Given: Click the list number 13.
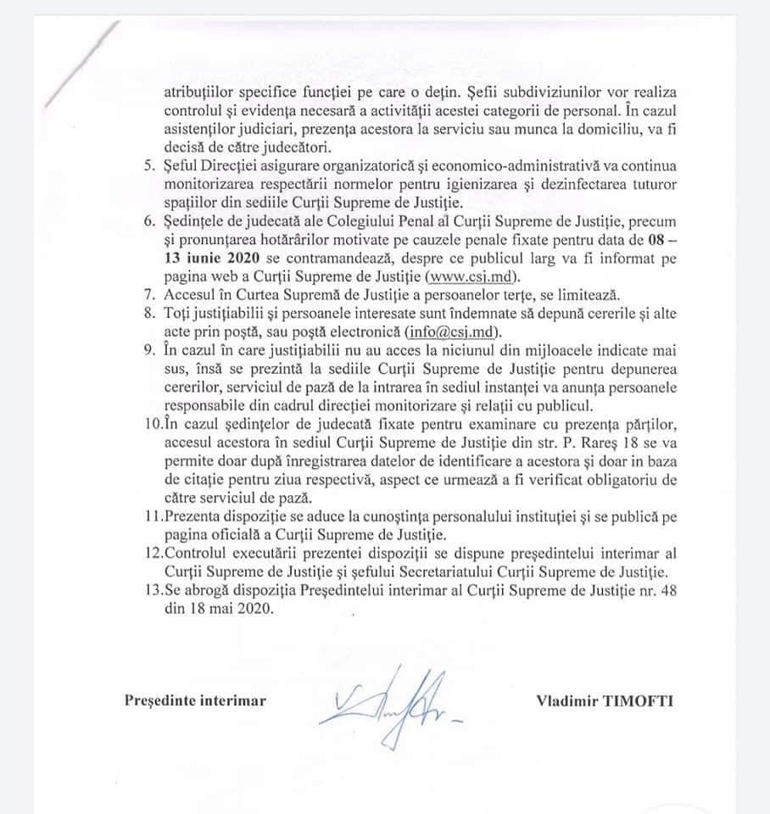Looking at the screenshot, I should pos(151,590).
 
